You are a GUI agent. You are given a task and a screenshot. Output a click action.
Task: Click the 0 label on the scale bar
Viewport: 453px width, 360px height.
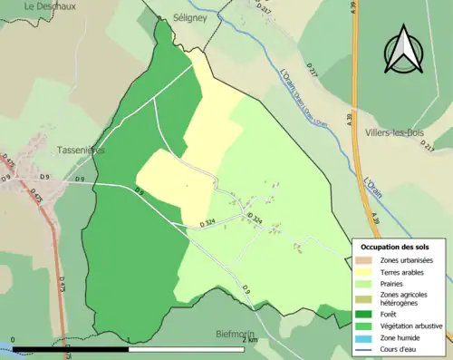click(x=13, y=340)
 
